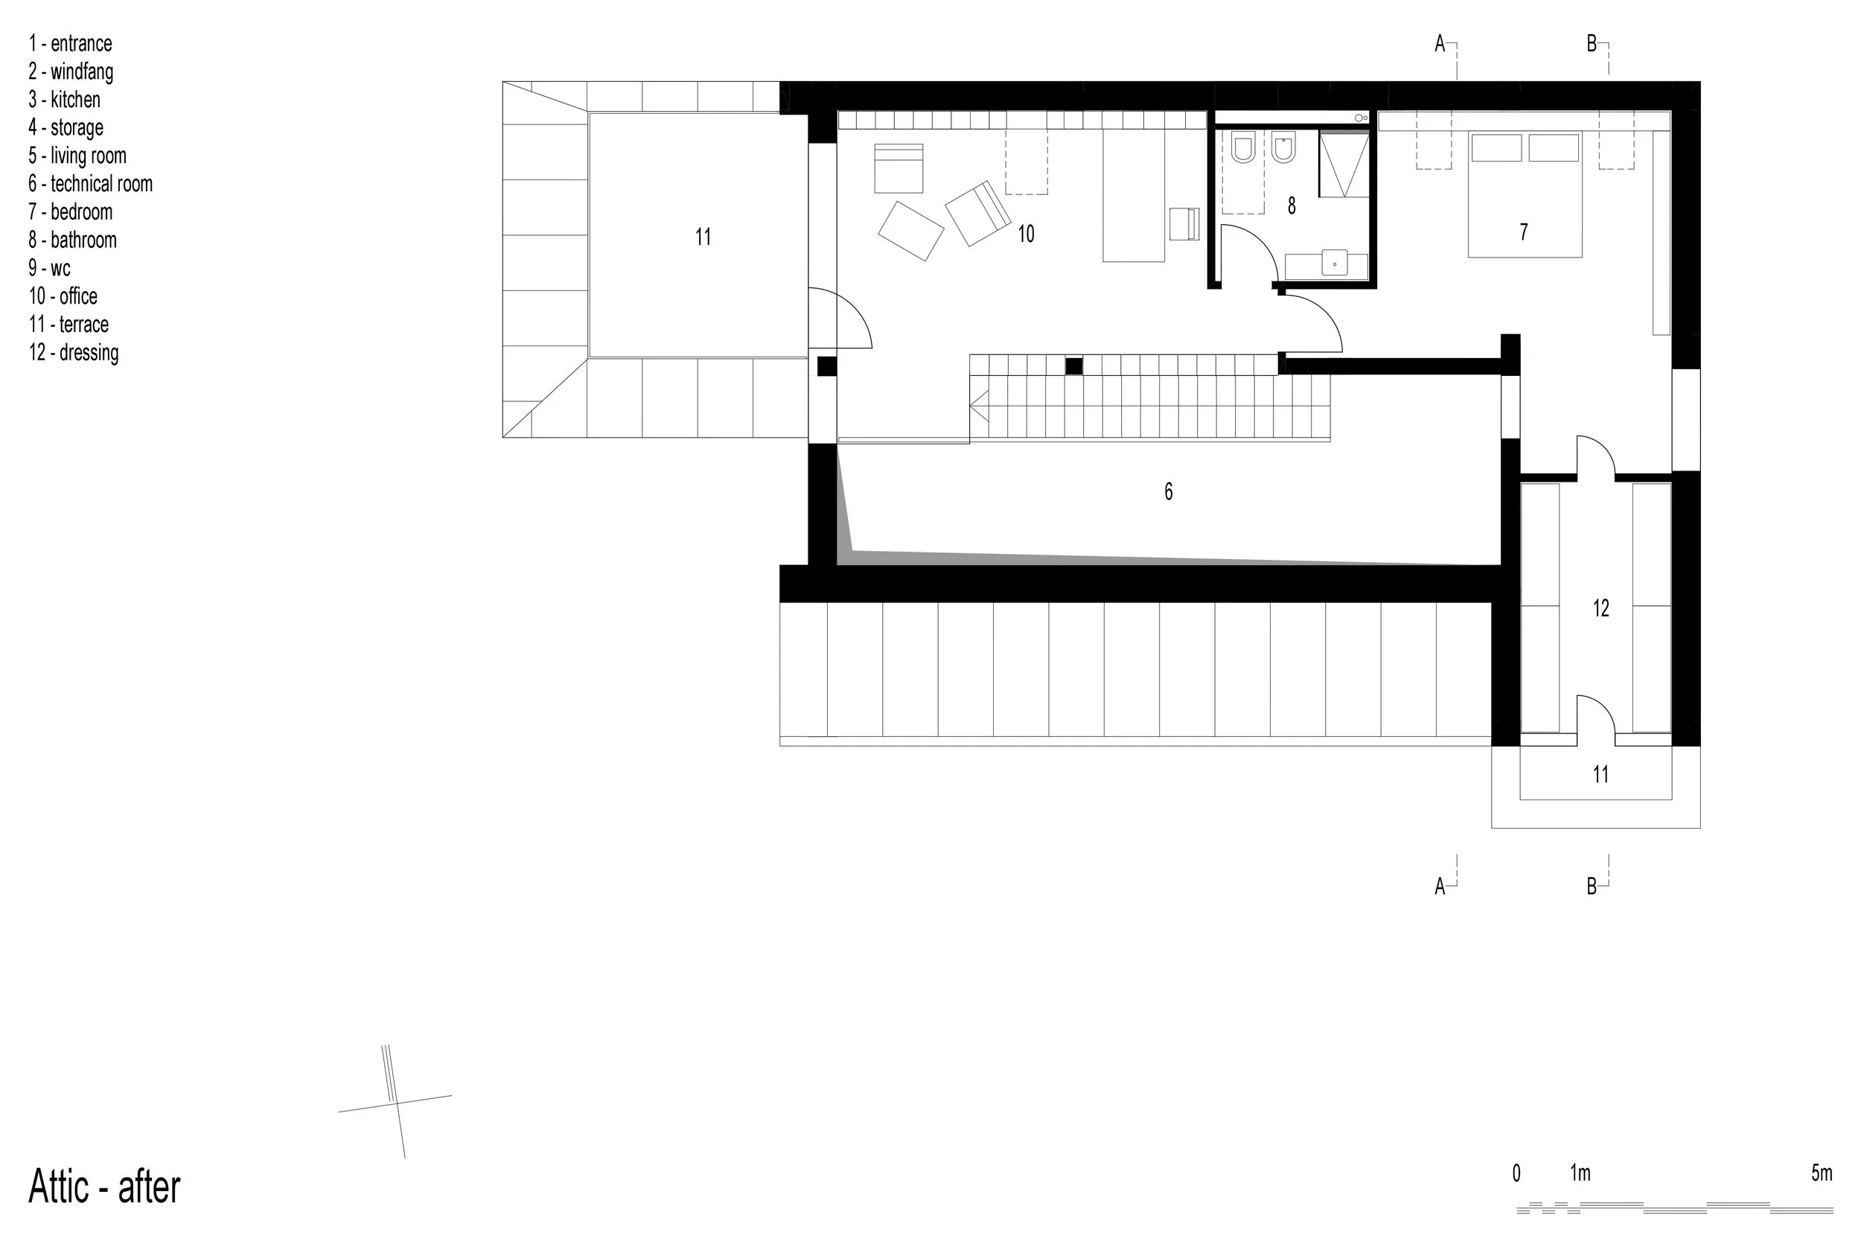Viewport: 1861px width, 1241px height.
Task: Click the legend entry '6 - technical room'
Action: pyautogui.click(x=90, y=185)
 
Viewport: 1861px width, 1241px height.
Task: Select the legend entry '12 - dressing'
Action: pyautogui.click(x=74, y=353)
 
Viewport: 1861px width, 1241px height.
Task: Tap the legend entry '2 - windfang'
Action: pyautogui.click(x=71, y=72)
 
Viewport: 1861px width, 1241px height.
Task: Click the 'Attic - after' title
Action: pyautogui.click(x=104, y=1187)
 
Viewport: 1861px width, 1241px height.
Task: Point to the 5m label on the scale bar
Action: pyautogui.click(x=1822, y=1173)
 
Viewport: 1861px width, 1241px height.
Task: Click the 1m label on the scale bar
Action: pyautogui.click(x=1580, y=1173)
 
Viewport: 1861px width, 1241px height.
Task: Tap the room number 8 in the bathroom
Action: pyautogui.click(x=1292, y=205)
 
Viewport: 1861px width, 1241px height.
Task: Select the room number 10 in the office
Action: pyautogui.click(x=1027, y=234)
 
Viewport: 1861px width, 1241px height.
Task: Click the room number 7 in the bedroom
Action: pyautogui.click(x=1524, y=232)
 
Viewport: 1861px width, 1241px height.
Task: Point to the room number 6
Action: pyautogui.click(x=1169, y=492)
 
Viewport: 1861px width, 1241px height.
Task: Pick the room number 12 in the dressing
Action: pyautogui.click(x=1600, y=607)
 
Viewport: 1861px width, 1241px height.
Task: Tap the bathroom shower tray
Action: pyautogui.click(x=1344, y=165)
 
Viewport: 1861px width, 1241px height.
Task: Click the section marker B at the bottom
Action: pyautogui.click(x=1592, y=887)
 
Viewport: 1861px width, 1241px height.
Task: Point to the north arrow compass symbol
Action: pyautogui.click(x=395, y=1102)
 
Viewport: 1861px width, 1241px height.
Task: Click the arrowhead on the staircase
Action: pyautogui.click(x=978, y=409)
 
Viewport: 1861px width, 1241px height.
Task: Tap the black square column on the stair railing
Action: pyautogui.click(x=1073, y=366)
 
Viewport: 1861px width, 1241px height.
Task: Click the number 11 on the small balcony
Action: pyautogui.click(x=1600, y=774)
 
